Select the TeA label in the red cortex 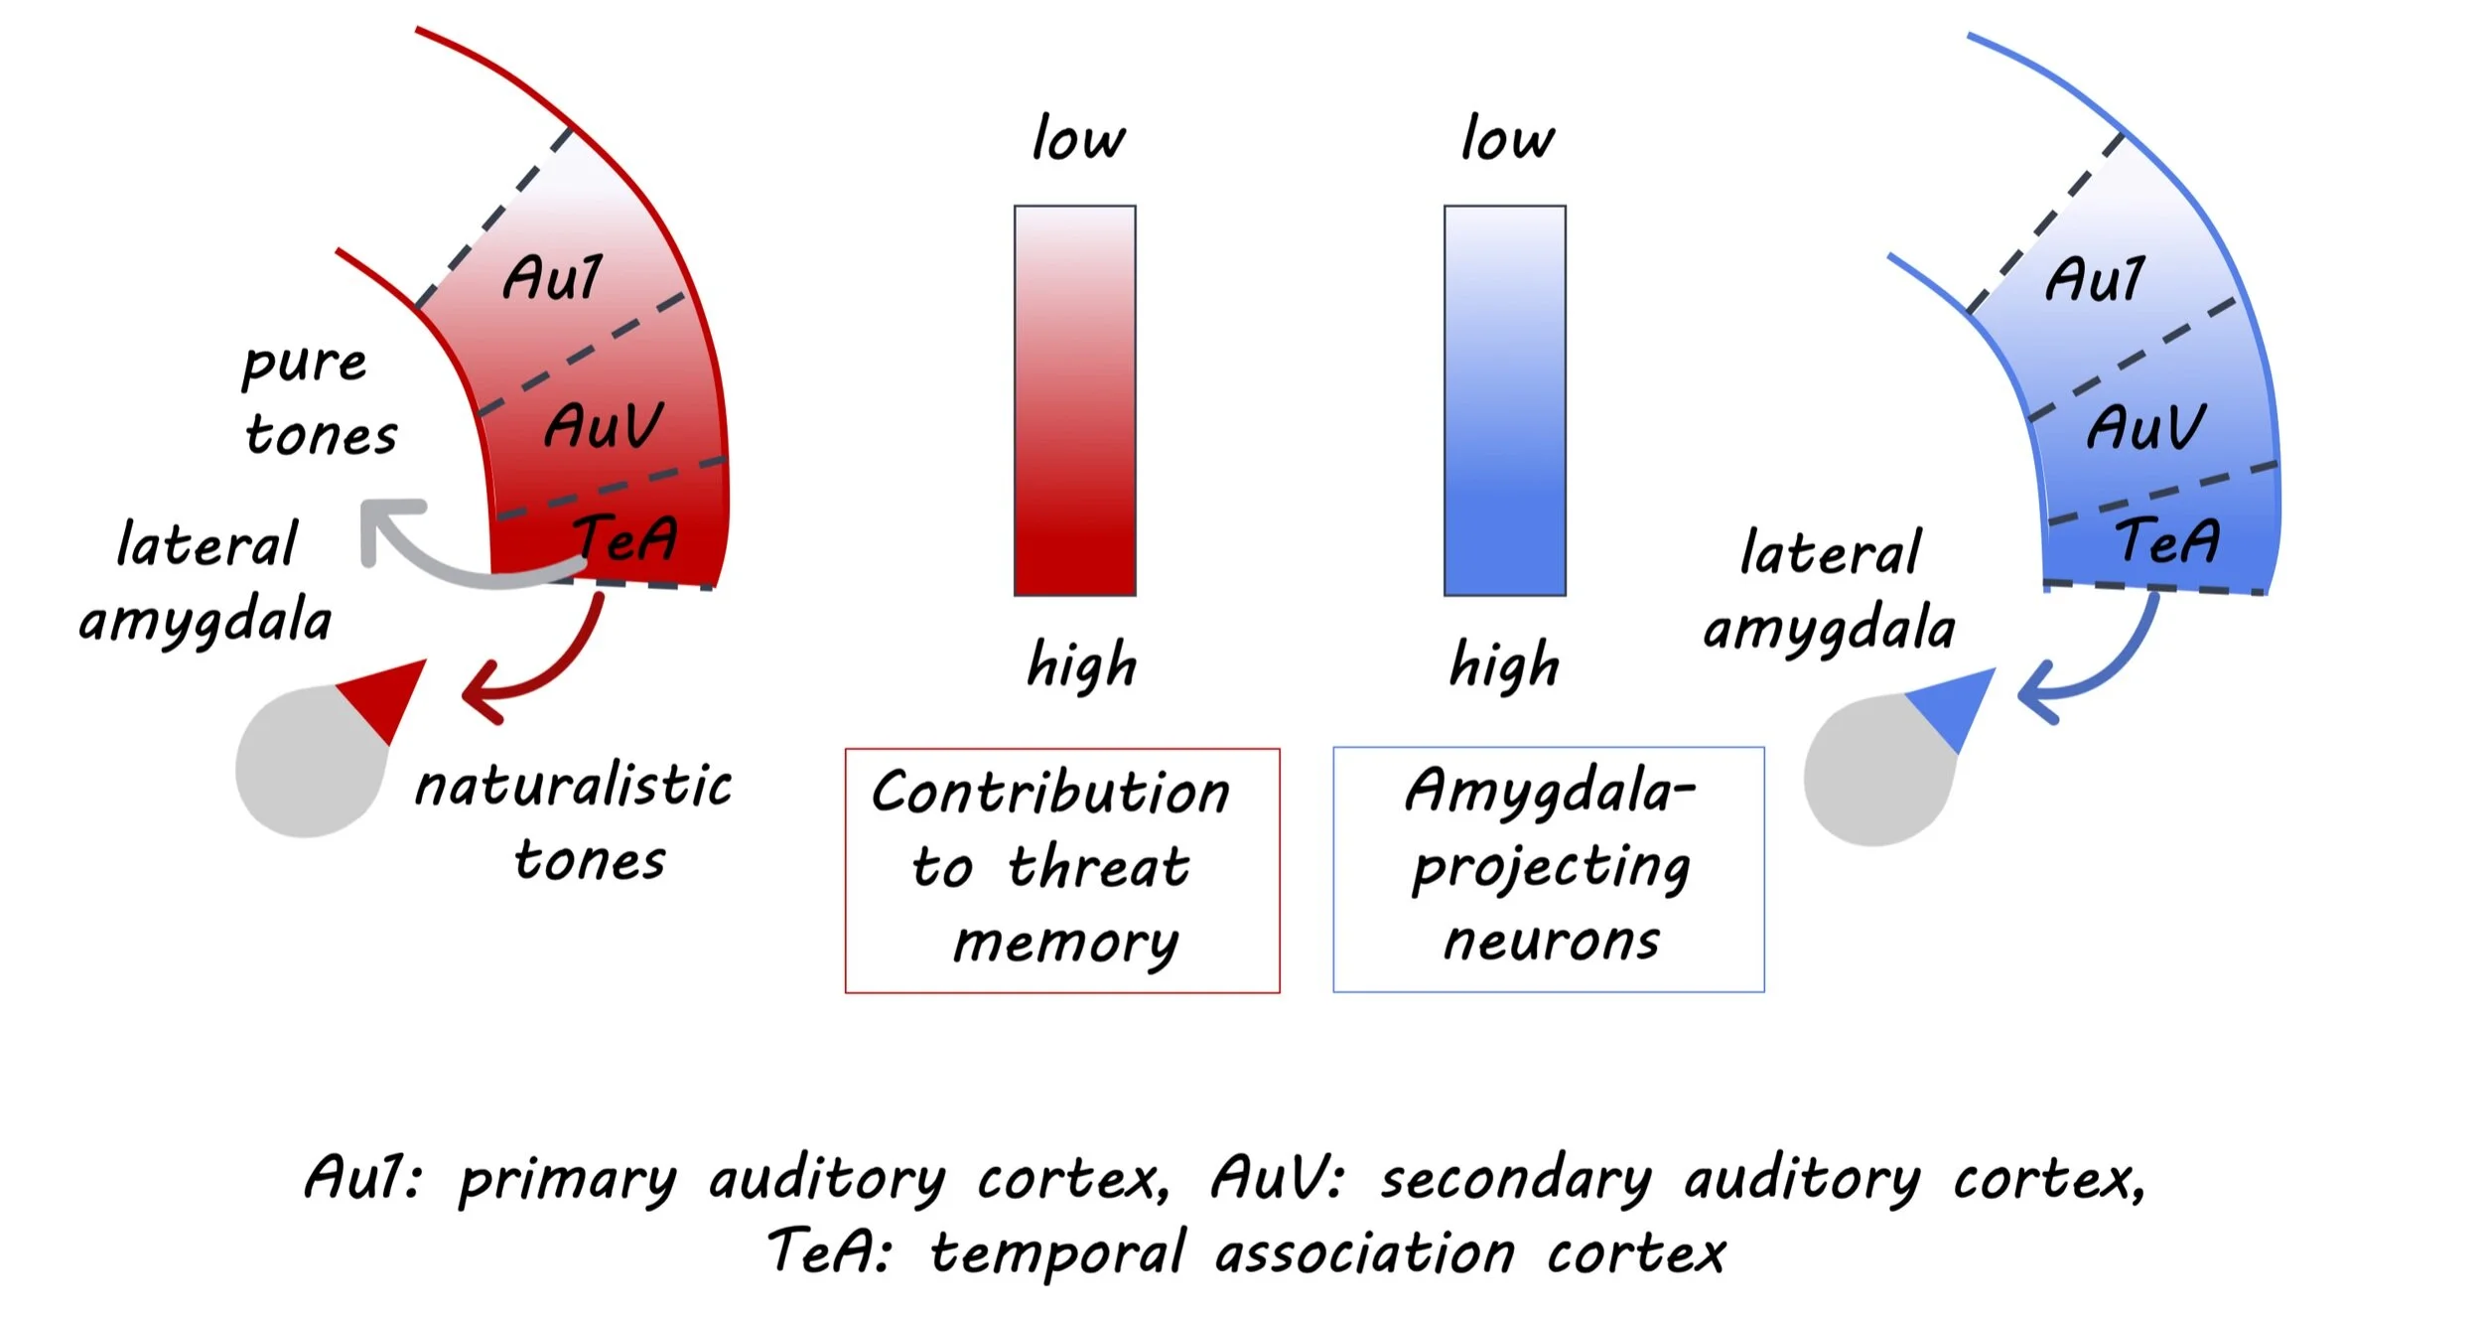[x=625, y=538]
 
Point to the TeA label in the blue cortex [x=2166, y=540]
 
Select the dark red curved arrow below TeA [x=556, y=675]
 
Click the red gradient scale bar [x=1074, y=400]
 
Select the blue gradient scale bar [x=1504, y=400]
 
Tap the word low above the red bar [x=1078, y=138]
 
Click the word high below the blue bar [x=1504, y=664]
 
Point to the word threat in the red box [x=1098, y=866]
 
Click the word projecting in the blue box [x=1552, y=868]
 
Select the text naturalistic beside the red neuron [x=574, y=786]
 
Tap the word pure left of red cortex [x=305, y=364]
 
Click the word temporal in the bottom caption [x=1057, y=1253]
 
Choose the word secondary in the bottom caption [x=1516, y=1180]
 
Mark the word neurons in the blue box [x=1551, y=941]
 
